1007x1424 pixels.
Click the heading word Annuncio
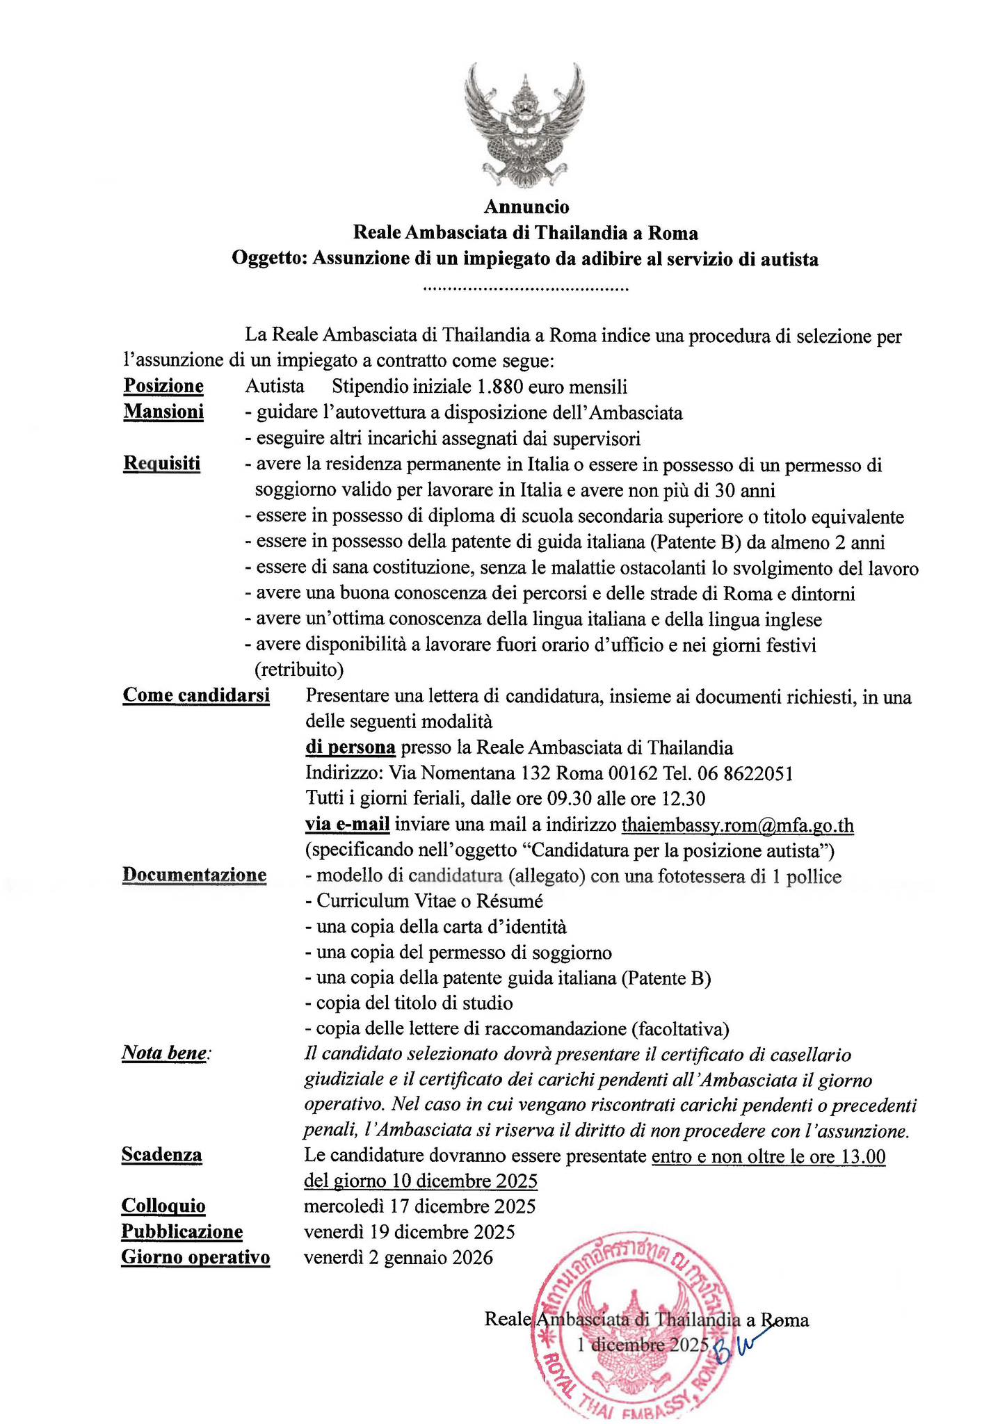point(526,207)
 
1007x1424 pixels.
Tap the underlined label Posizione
point(163,386)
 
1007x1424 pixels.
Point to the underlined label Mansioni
point(163,412)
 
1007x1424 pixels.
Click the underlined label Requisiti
point(161,464)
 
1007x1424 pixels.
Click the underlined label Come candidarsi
point(196,695)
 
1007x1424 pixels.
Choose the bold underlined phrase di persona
point(351,747)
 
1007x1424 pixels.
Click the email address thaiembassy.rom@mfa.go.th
point(737,825)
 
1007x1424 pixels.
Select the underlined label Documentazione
point(194,875)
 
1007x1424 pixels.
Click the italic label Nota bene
point(164,1053)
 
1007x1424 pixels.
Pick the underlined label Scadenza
point(161,1155)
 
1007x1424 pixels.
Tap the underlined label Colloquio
point(163,1206)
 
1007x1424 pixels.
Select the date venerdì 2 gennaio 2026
point(398,1258)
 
